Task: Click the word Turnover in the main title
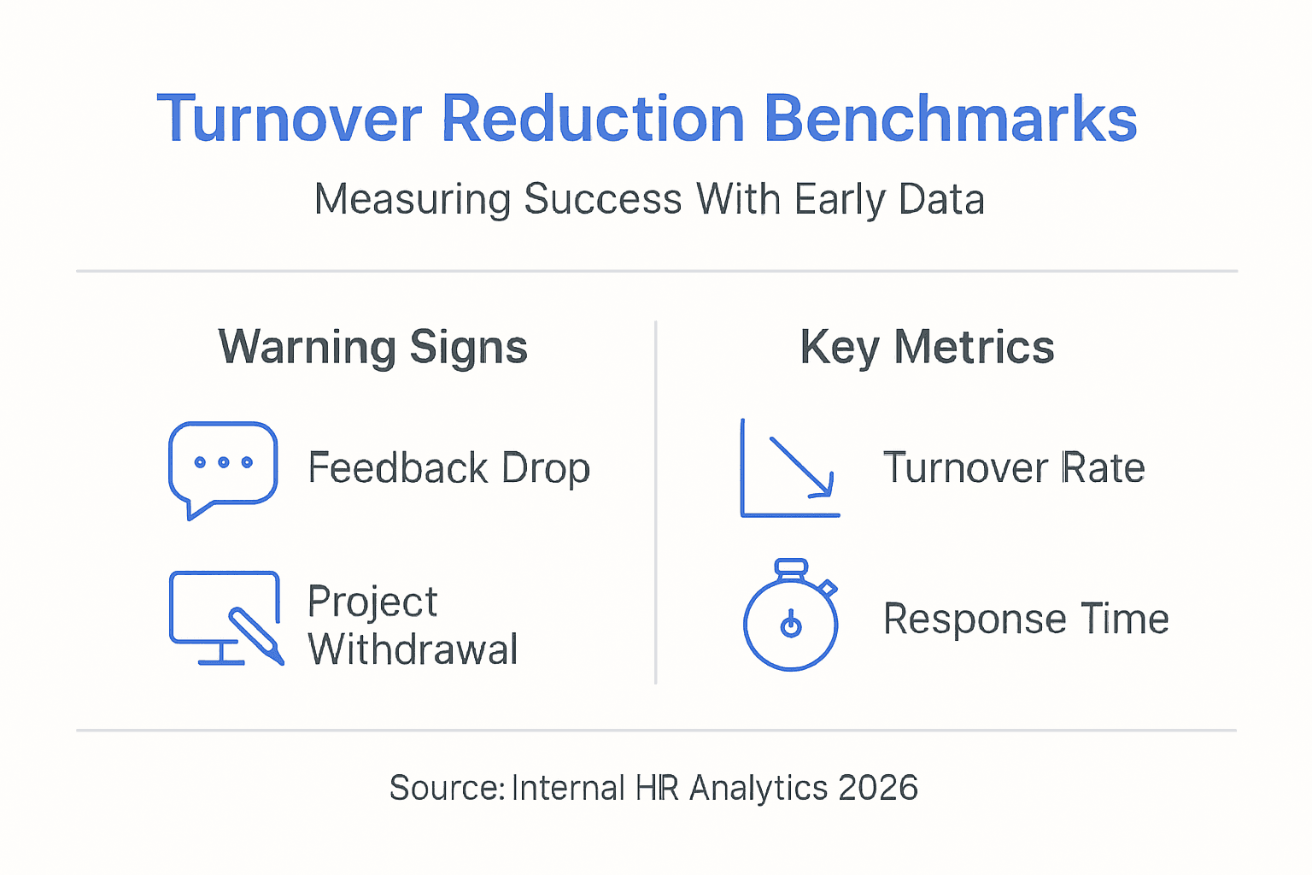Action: pos(290,119)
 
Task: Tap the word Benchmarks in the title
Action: pos(950,119)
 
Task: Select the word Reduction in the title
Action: pos(593,119)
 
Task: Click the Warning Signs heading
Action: pos(373,348)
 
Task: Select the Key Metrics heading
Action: pos(927,348)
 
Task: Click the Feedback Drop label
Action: pos(449,468)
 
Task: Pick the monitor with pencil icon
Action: pos(225,618)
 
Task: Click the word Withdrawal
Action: pos(413,649)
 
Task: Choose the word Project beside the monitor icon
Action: pos(372,602)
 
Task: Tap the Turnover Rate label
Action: pos(1014,468)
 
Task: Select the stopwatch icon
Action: pos(791,616)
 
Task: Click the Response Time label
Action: pos(1026,619)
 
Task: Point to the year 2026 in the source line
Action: pos(878,788)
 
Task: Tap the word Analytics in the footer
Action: pos(758,788)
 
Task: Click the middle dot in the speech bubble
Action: pos(224,462)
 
